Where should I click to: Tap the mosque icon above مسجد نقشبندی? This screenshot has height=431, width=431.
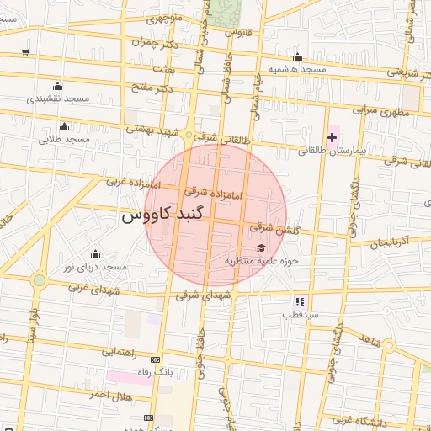click(57, 86)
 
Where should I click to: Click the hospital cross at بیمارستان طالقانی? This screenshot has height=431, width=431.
click(332, 136)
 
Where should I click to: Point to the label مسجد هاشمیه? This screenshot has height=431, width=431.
click(296, 68)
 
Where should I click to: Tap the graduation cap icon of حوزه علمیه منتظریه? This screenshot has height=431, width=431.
click(260, 247)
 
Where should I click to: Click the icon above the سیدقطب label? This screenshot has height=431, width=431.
click(299, 301)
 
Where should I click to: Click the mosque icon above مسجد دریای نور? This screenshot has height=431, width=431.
click(94, 253)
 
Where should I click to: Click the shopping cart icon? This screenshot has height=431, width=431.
click(25, 51)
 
